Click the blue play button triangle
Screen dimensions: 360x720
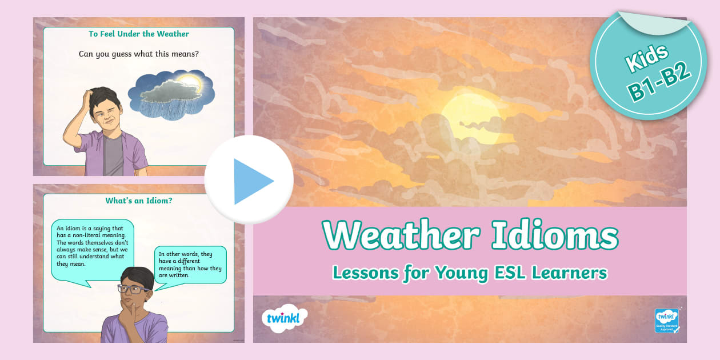coord(252,181)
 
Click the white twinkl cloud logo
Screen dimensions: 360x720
coord(284,318)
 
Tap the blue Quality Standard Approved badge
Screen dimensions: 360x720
coord(666,321)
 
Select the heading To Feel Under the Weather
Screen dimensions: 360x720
coord(139,34)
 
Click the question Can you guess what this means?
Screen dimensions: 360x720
coord(139,54)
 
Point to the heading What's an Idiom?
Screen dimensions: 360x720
coord(139,201)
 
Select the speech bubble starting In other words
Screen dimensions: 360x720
coord(190,265)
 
